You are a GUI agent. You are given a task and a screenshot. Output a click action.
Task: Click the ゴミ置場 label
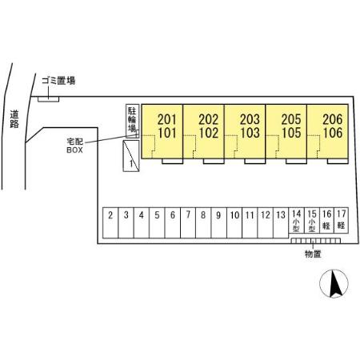pyautogui.click(x=58, y=81)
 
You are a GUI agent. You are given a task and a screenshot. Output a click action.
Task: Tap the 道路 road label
pyautogui.click(x=14, y=119)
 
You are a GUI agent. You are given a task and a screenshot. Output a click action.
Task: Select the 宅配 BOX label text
pyautogui.click(x=74, y=146)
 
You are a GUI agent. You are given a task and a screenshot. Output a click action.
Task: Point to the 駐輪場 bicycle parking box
pyautogui.click(x=132, y=121)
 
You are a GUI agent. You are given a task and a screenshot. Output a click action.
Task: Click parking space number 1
pyautogui.click(x=131, y=156)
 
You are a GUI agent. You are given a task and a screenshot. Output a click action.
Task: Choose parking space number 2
pyautogui.click(x=110, y=223)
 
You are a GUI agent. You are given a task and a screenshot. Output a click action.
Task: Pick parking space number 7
pyautogui.click(x=188, y=223)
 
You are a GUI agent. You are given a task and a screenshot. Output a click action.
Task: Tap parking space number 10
pyautogui.click(x=234, y=223)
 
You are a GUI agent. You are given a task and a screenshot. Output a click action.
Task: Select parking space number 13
pyautogui.click(x=281, y=223)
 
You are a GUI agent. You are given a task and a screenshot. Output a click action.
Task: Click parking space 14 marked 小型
pyautogui.click(x=296, y=221)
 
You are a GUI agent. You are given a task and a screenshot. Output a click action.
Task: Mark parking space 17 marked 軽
pyautogui.click(x=341, y=221)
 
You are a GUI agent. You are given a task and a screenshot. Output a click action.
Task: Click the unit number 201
pyautogui.click(x=166, y=119)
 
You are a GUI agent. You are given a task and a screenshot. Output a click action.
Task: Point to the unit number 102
pyautogui.click(x=208, y=133)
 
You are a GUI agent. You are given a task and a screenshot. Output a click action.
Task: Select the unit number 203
pyautogui.click(x=250, y=119)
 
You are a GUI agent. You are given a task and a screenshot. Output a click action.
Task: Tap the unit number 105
pyautogui.click(x=291, y=133)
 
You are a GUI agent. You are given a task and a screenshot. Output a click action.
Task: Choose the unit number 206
pyautogui.click(x=333, y=119)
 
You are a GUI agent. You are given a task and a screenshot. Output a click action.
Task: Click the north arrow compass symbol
pyautogui.click(x=334, y=283)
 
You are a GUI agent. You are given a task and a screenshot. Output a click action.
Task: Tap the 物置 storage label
pyautogui.click(x=313, y=254)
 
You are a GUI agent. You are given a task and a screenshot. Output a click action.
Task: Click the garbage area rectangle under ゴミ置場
pyautogui.click(x=48, y=99)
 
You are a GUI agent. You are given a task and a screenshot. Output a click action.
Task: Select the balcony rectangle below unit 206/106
pyautogui.click(x=338, y=161)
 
